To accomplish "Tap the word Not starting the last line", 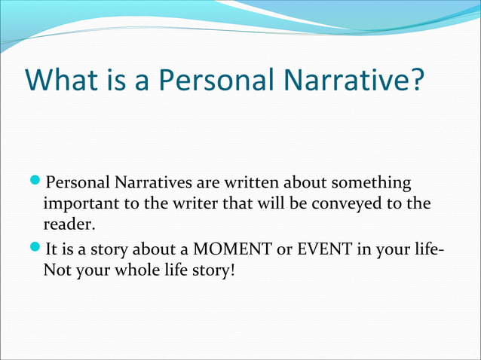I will pos(56,269).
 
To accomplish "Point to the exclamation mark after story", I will pos(232,269).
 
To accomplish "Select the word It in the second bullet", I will pos(53,249).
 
